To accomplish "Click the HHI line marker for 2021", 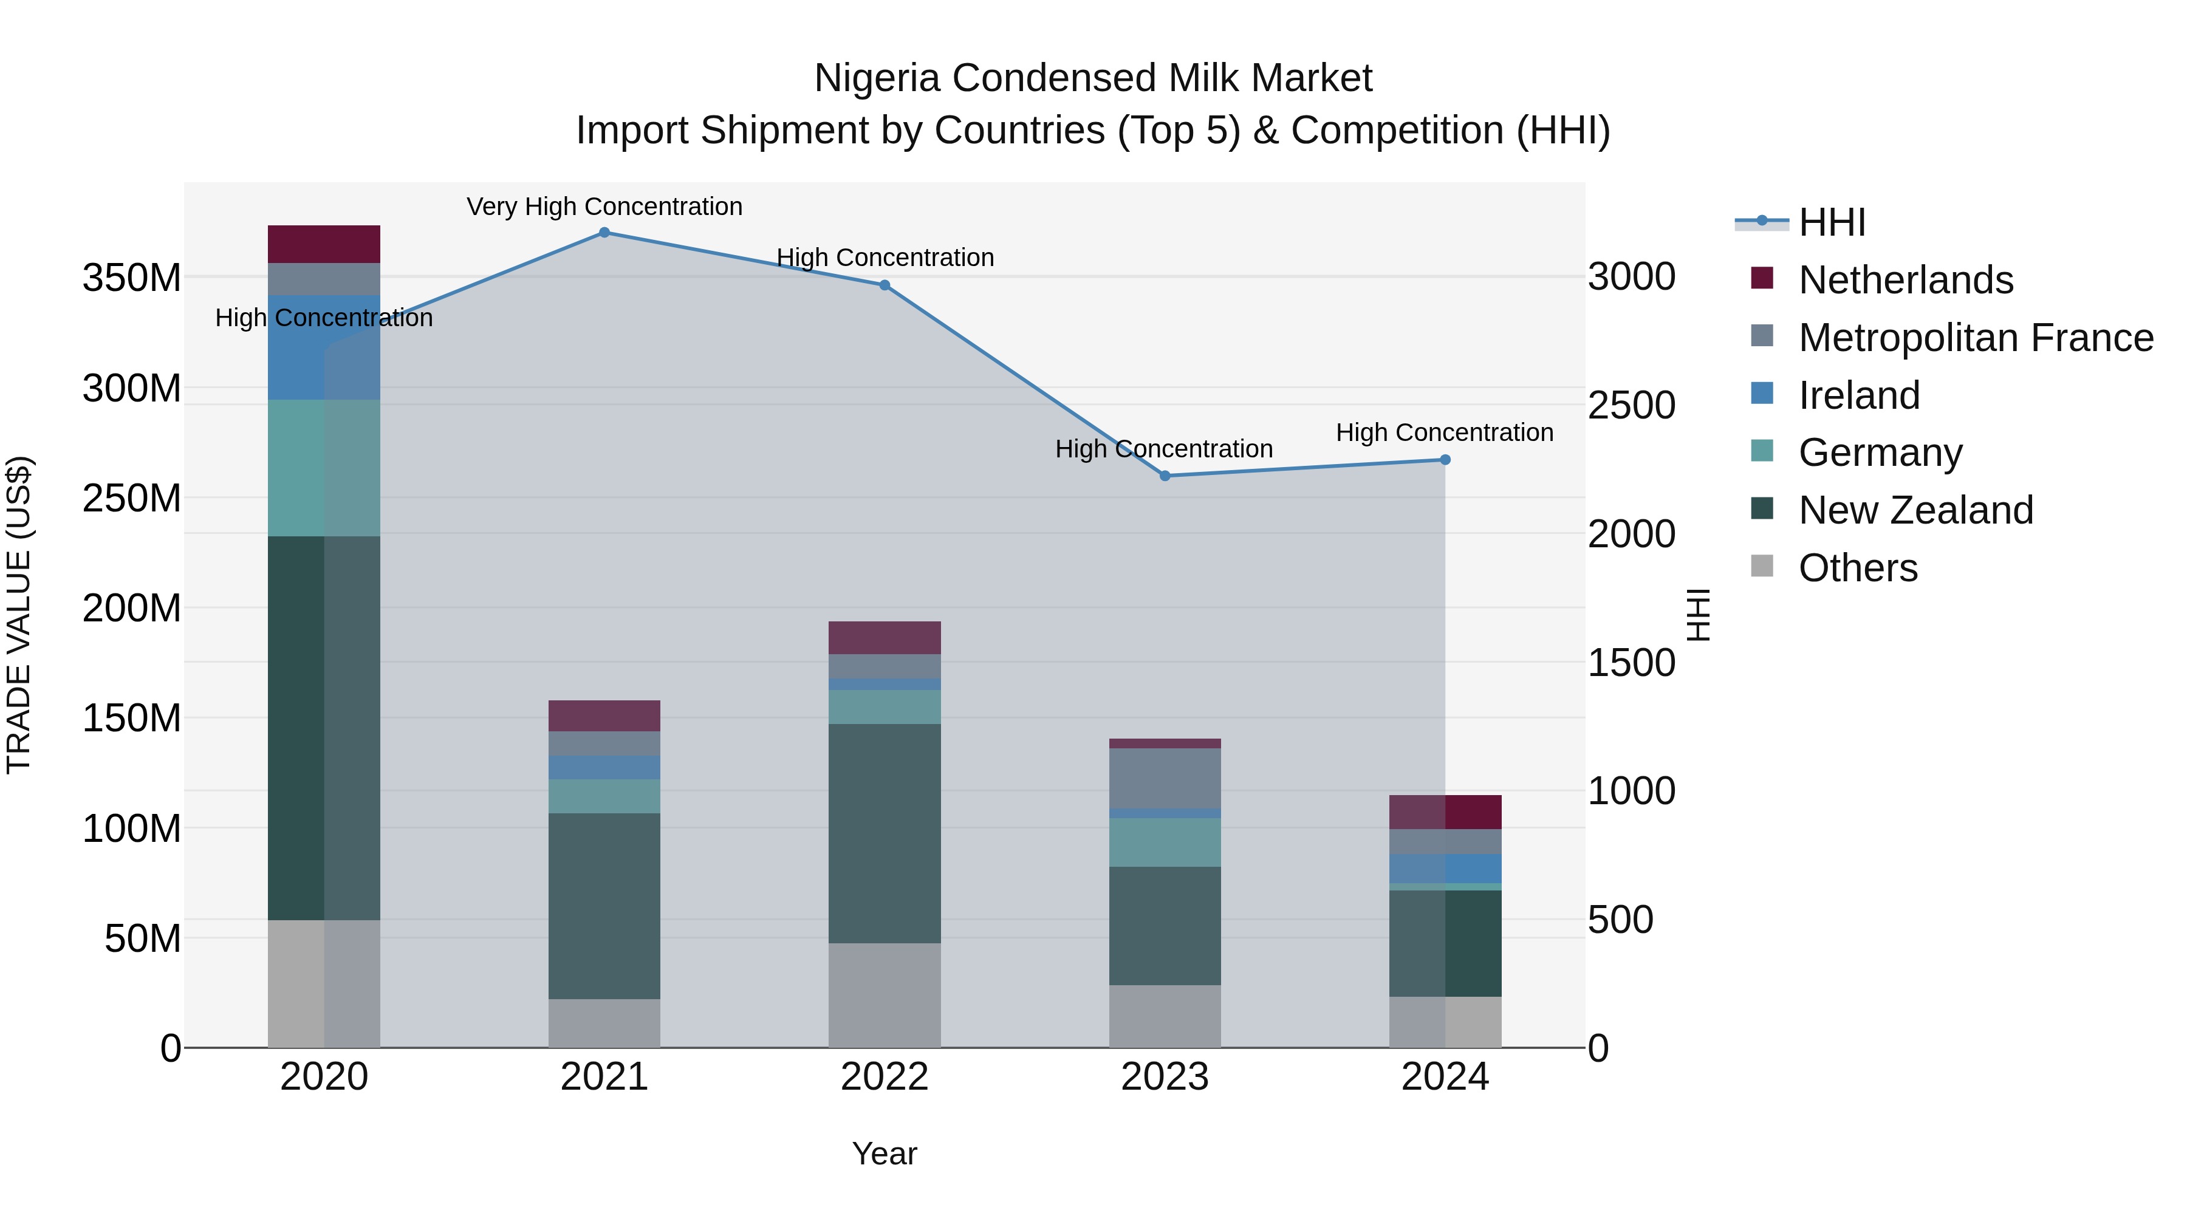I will coord(604,233).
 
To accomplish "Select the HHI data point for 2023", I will coord(1165,476).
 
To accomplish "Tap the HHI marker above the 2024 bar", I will coord(1445,460).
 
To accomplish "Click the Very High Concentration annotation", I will coord(604,207).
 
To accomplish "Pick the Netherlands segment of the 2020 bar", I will coord(323,244).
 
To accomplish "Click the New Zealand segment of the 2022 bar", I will coord(885,833).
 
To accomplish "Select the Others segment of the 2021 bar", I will coord(604,1023).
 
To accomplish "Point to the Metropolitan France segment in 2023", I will coord(1165,779).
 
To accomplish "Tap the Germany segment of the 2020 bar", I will coord(323,468).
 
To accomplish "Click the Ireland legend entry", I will coord(1858,395).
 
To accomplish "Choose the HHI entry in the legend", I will coord(1831,222).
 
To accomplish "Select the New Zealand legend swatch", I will coord(1762,508).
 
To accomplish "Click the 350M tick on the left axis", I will coord(132,278).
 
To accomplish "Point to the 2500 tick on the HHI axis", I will coord(1631,406).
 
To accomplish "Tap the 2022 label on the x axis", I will coord(885,1077).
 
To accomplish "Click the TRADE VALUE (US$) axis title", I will coord(19,615).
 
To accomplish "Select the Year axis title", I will coord(885,1153).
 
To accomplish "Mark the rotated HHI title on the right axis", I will coord(1698,615).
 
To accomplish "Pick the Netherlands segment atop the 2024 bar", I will coord(1445,812).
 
